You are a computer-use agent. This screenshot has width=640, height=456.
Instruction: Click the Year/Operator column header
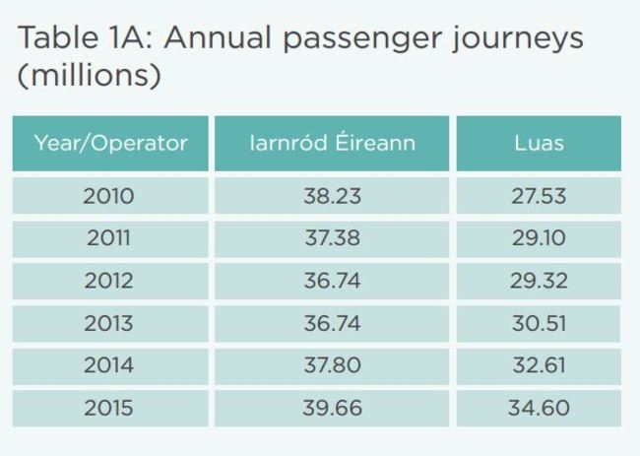[x=110, y=143]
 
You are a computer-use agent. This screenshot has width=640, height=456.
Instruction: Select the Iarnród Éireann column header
[x=332, y=143]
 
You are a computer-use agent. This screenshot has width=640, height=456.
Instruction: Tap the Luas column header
[x=539, y=143]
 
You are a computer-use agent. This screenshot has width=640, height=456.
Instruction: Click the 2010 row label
[x=108, y=196]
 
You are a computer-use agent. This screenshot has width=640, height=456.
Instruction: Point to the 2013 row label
[x=108, y=323]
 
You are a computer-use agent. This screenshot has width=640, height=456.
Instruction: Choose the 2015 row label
[x=108, y=408]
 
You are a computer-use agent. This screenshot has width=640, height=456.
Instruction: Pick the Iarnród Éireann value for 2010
[x=332, y=196]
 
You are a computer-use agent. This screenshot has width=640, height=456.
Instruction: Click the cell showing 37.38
[x=332, y=238]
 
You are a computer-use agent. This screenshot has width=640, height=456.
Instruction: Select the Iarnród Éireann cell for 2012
[x=332, y=281]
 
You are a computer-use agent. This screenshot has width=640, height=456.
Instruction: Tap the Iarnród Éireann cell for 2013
[x=332, y=323]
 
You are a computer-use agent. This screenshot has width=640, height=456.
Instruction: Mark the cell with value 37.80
[x=332, y=365]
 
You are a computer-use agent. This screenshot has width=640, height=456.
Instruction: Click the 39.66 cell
[x=332, y=408]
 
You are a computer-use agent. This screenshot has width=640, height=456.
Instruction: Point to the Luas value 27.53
[x=538, y=196]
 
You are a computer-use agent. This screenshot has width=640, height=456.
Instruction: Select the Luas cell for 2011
[x=538, y=238]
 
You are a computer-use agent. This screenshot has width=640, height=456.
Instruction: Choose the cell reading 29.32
[x=538, y=281]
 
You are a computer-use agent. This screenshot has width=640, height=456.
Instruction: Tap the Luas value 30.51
[x=538, y=323]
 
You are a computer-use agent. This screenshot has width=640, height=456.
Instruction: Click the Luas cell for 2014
[x=538, y=365]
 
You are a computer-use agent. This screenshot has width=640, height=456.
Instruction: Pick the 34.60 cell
[x=538, y=408]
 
